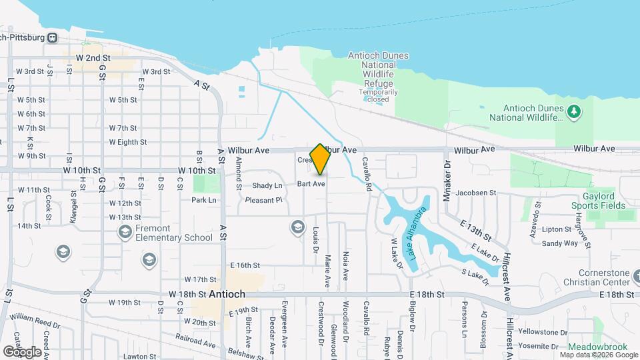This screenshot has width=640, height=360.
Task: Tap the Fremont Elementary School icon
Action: tap(124, 231)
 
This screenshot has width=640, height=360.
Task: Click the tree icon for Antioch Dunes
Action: tap(573, 110)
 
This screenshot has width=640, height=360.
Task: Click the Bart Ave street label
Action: tap(311, 183)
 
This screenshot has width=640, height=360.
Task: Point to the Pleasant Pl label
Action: tap(264, 200)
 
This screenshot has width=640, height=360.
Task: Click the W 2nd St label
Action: tap(93, 59)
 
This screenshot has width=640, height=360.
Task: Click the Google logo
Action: tap(23, 351)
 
